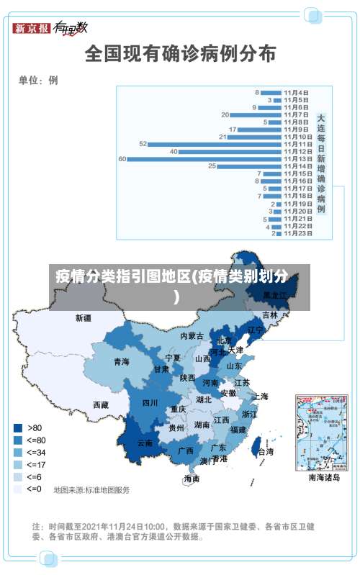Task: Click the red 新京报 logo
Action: pos(31,28)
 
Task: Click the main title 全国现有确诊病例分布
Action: pos(180,53)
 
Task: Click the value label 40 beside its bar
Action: pos(174,151)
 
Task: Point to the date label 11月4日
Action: pos(296,92)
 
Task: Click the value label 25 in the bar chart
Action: pos(212,166)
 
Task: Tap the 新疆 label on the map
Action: pos(84,317)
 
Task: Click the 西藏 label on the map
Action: pos(101,404)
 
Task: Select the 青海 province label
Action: pos(121,361)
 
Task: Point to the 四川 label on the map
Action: pos(150,402)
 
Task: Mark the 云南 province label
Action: pos(145,443)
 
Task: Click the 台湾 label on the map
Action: pos(265,452)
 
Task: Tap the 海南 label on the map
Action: pos(192,478)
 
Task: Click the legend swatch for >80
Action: pos(17,427)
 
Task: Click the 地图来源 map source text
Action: pos(91,489)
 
